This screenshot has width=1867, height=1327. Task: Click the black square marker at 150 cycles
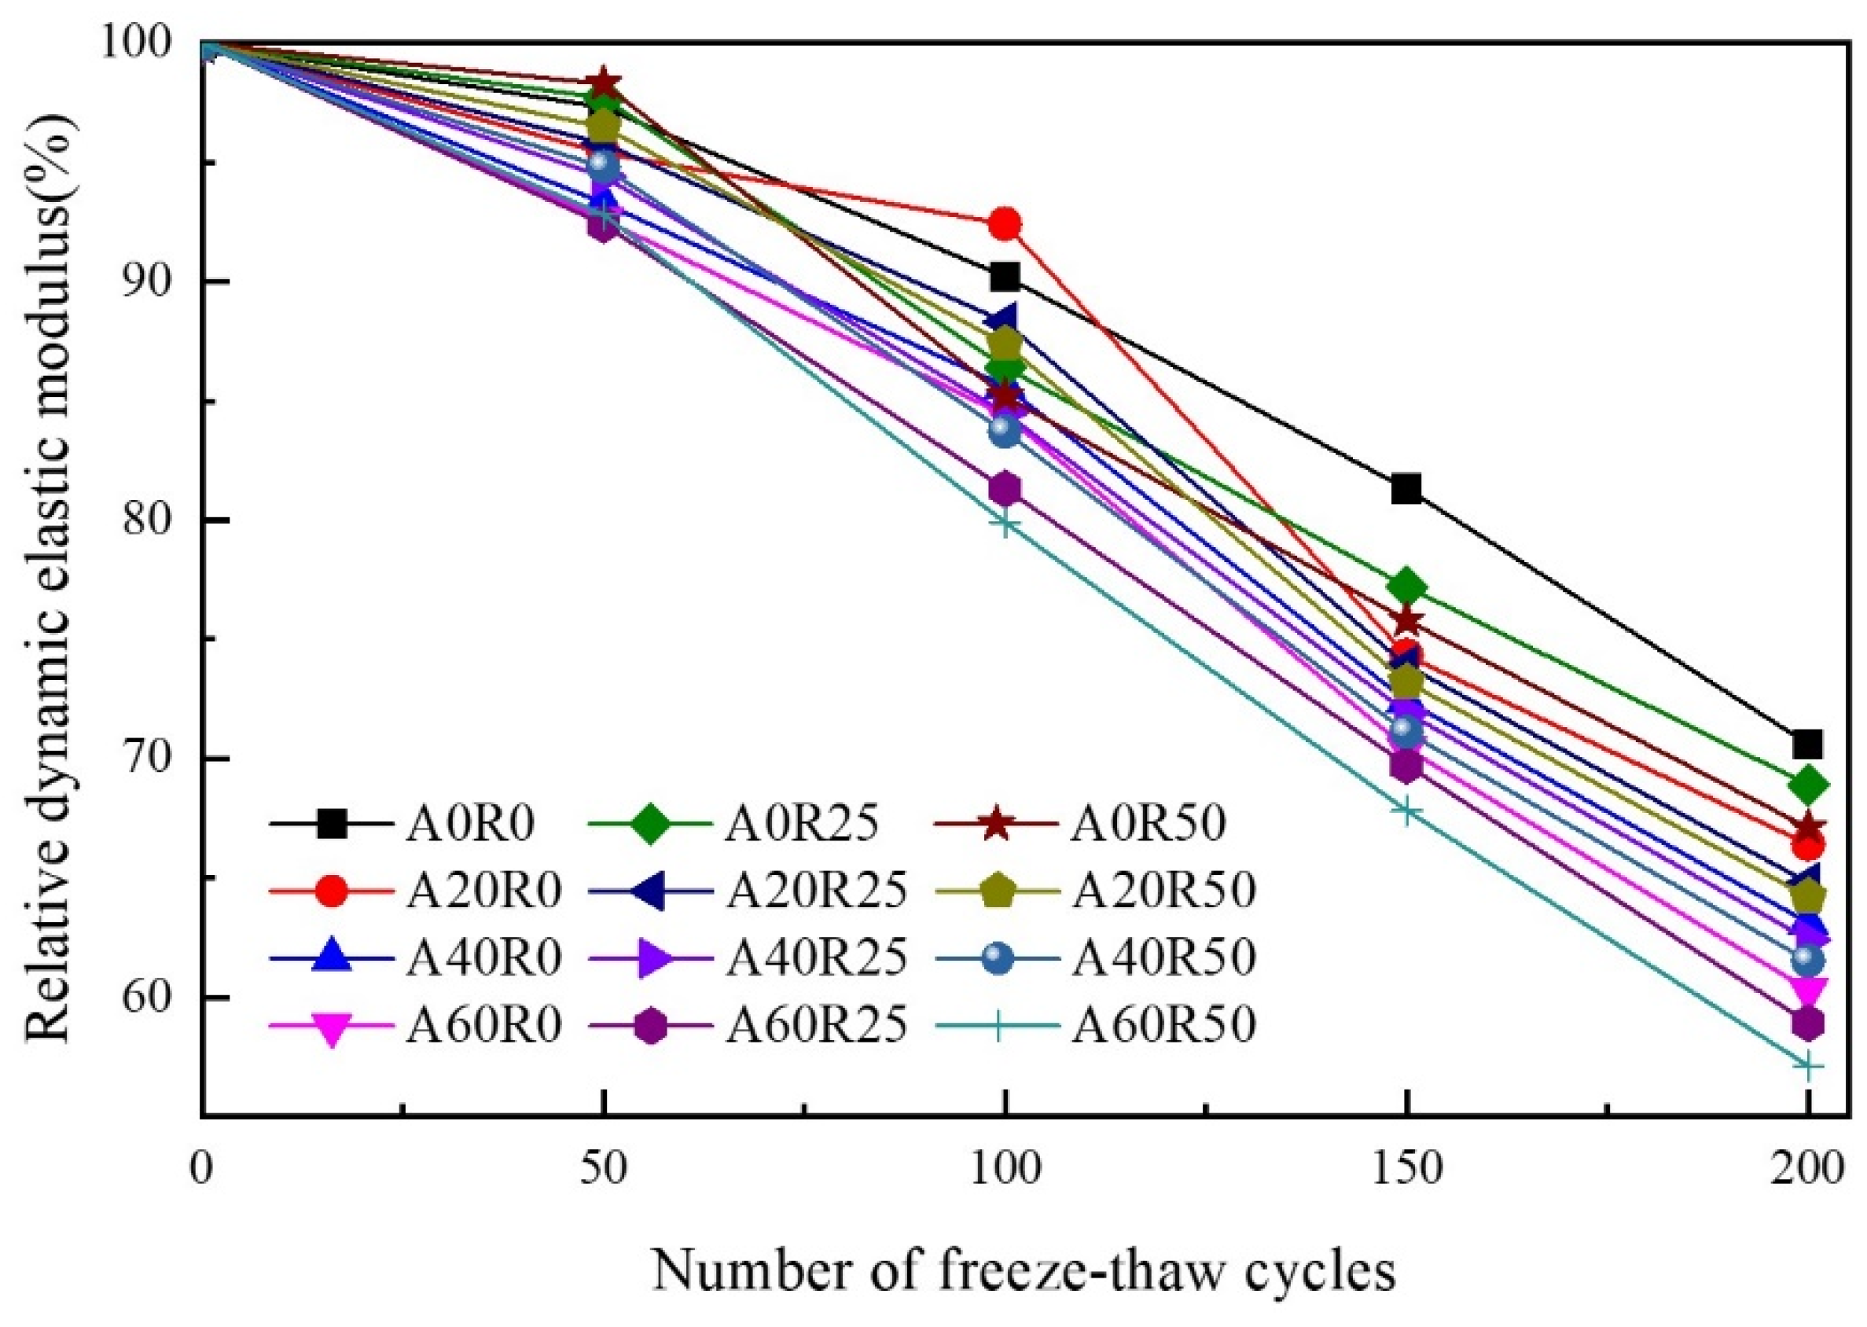1406,489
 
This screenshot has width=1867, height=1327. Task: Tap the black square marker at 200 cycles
1807,744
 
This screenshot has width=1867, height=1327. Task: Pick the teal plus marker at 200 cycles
1807,1067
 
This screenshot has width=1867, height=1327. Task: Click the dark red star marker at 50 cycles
603,82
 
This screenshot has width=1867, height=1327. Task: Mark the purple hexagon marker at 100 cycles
1004,489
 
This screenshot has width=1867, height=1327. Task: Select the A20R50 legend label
1163,891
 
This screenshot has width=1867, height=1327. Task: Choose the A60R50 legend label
1163,1024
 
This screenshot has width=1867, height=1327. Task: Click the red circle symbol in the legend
333,891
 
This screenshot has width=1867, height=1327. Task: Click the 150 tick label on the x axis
1406,1169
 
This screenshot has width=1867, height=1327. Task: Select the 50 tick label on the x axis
603,1169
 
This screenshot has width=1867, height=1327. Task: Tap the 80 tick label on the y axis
146,520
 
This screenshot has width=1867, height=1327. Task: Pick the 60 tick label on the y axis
146,998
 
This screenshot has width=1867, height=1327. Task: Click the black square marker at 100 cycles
1004,278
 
